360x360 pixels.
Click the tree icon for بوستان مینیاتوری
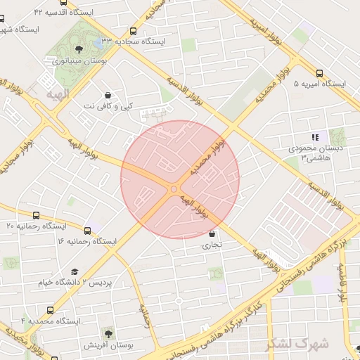click(x=78, y=49)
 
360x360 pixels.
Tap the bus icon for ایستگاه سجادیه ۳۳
click(x=134, y=31)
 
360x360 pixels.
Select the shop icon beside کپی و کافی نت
click(x=108, y=94)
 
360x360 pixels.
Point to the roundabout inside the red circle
click(x=174, y=188)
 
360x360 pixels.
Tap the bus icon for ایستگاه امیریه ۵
click(x=320, y=72)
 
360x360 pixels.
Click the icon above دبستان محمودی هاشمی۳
click(x=315, y=138)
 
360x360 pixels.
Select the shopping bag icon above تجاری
click(x=212, y=234)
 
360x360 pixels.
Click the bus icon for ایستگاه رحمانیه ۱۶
click(x=87, y=230)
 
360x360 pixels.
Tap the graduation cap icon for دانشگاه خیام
click(x=75, y=271)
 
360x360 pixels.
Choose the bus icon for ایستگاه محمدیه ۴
click(x=50, y=309)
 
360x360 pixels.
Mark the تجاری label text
click(x=212, y=246)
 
